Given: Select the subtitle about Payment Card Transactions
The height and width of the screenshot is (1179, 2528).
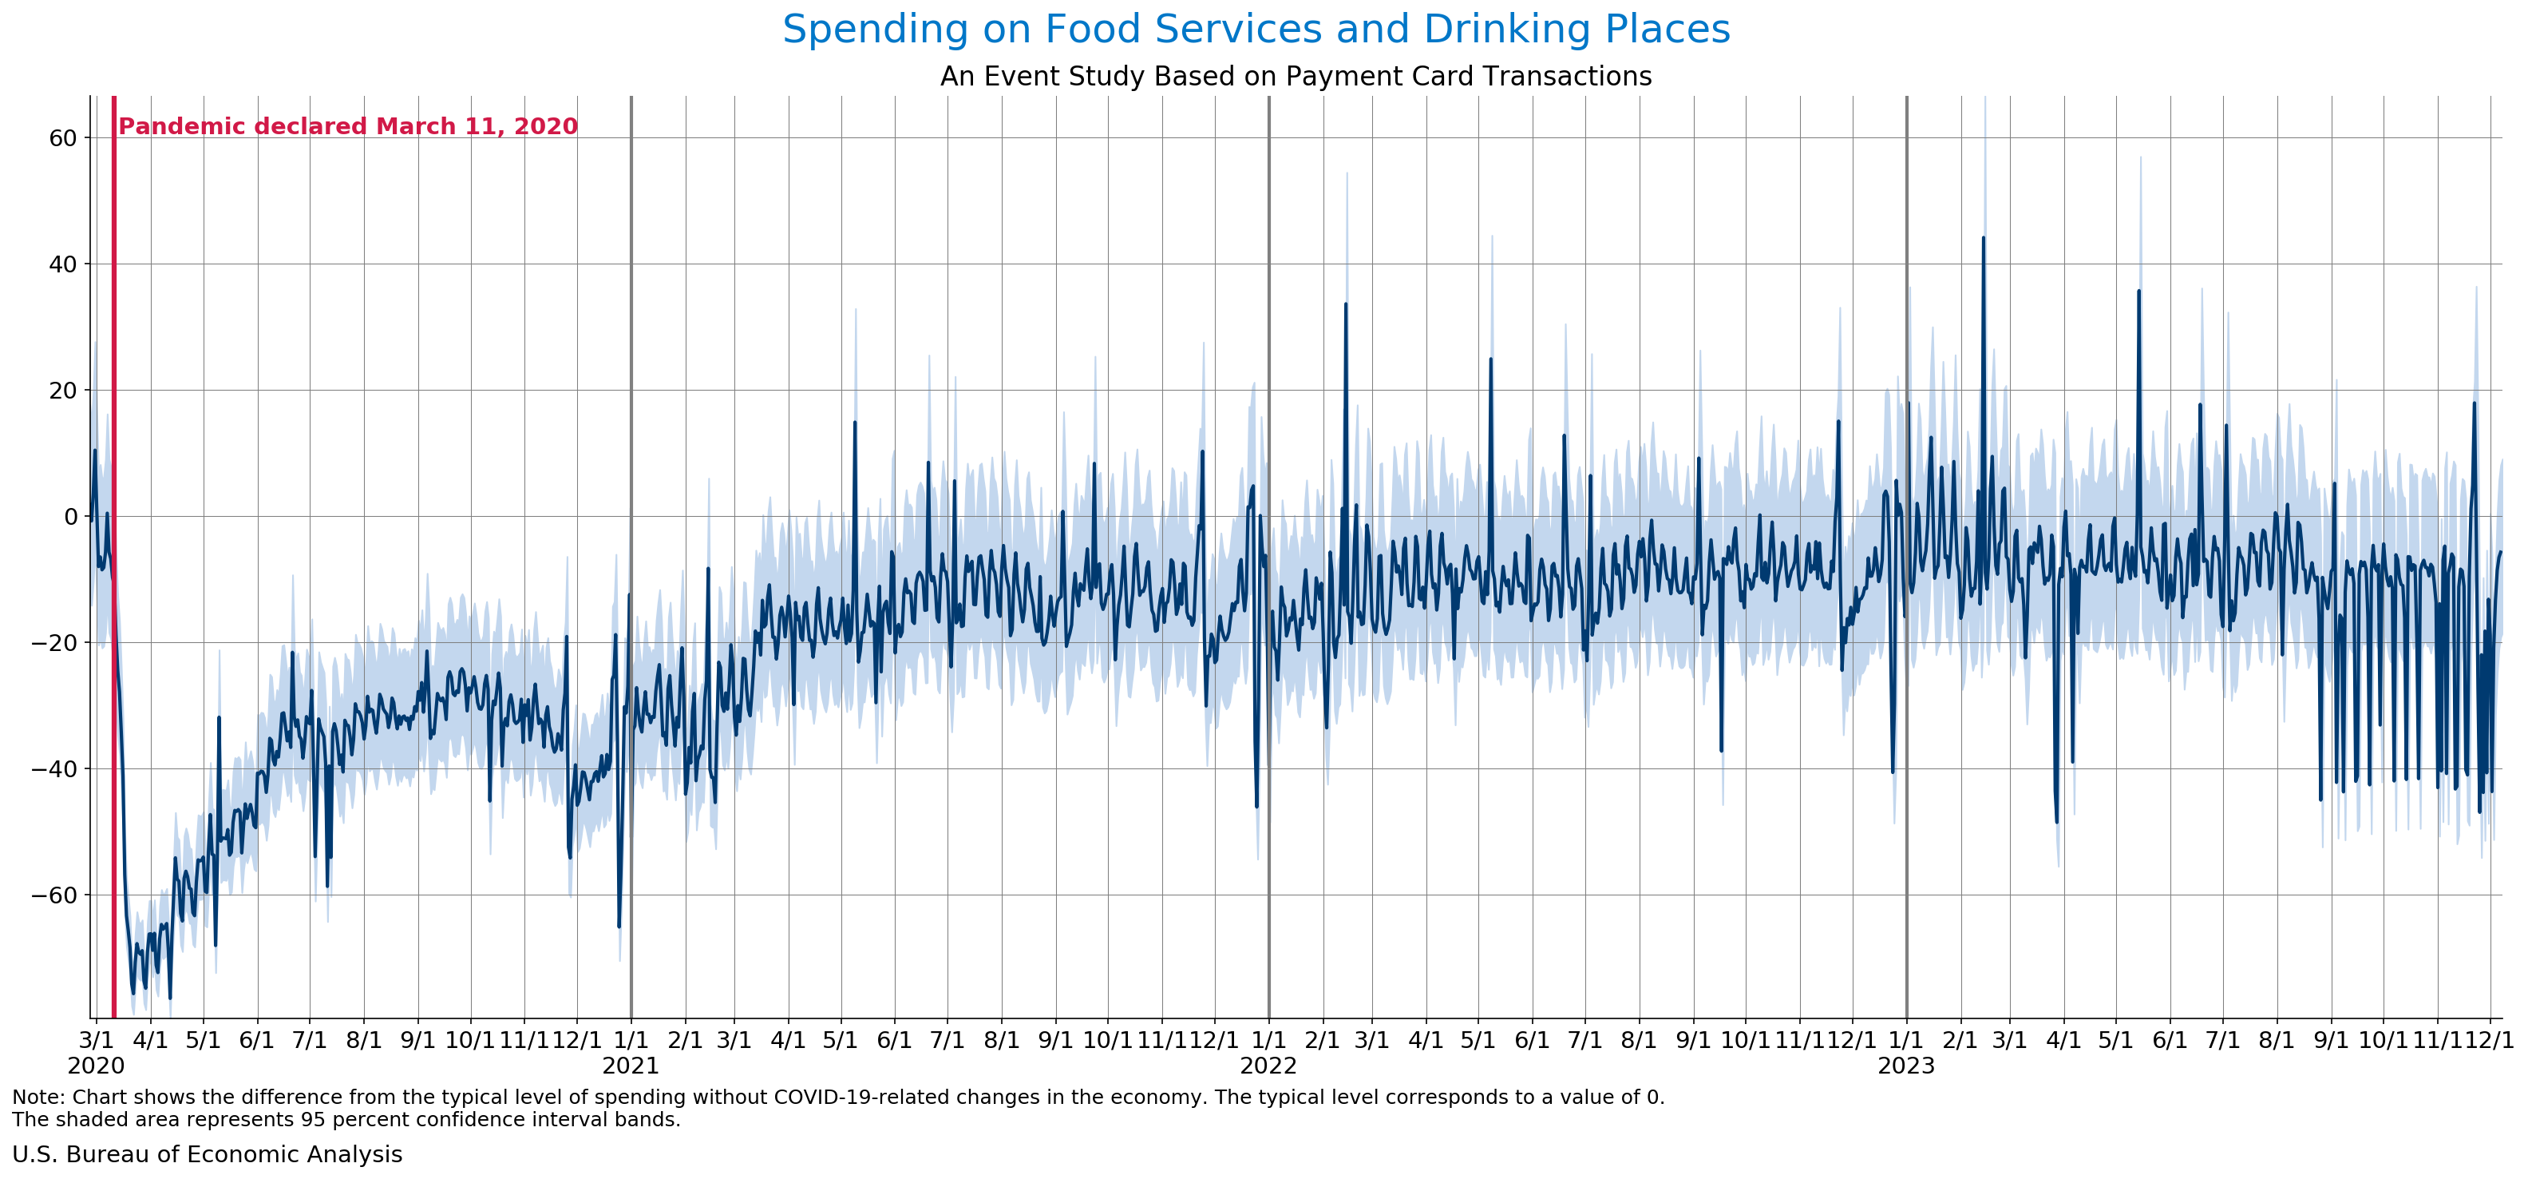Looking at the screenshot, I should tap(1296, 77).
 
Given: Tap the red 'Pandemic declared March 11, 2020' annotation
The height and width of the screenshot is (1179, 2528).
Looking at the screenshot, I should tap(347, 127).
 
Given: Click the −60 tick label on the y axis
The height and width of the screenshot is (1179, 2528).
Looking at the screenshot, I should tap(54, 895).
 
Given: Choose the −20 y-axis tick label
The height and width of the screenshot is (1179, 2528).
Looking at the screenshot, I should tap(54, 643).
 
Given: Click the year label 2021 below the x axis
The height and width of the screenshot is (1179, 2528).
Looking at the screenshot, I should tap(630, 1066).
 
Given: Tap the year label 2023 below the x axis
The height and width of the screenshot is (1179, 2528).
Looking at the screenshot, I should tap(1906, 1066).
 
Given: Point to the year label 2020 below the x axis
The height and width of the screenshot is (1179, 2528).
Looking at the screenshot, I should tap(95, 1066).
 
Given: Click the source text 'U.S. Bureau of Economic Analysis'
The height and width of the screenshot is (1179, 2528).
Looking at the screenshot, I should tap(207, 1154).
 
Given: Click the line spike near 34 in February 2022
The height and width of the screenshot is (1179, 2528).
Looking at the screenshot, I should tap(1346, 304).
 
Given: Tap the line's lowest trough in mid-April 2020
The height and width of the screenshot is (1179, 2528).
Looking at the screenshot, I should tap(170, 998).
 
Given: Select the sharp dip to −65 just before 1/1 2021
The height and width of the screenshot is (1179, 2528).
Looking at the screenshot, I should tap(619, 926).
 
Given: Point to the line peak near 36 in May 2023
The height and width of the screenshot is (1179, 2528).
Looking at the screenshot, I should tap(2138, 292).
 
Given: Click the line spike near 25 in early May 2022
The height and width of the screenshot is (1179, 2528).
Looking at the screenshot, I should tap(1490, 359).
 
